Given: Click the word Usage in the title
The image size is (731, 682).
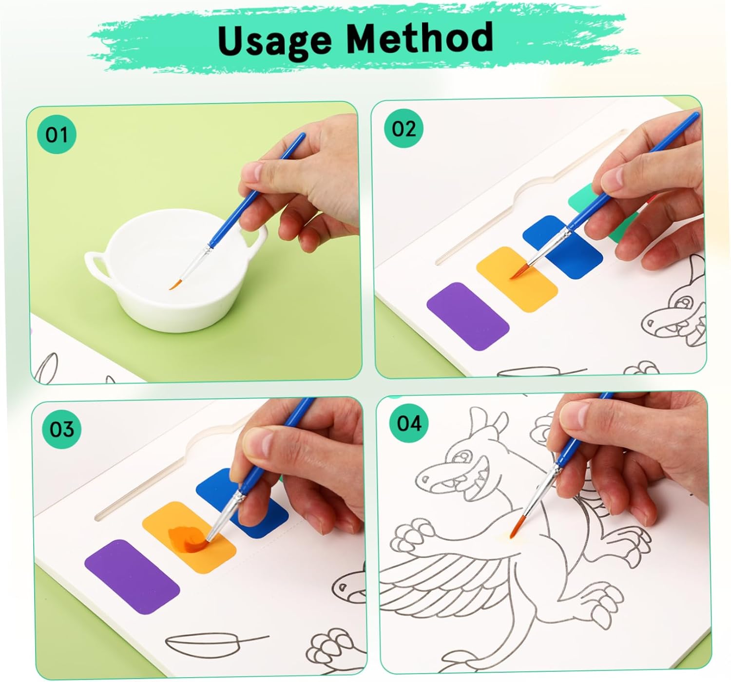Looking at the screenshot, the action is pyautogui.click(x=274, y=40).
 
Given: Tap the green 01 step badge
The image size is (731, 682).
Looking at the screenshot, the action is pyautogui.click(x=57, y=135).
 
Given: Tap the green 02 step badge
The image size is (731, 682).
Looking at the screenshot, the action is pyautogui.click(x=404, y=129).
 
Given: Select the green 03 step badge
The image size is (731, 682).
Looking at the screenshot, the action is pyautogui.click(x=61, y=429).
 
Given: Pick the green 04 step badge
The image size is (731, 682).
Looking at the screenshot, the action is pyautogui.click(x=409, y=423).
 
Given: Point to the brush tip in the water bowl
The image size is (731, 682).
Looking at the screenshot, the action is pyautogui.click(x=174, y=284).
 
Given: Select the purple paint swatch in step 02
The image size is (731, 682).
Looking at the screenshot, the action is pyautogui.click(x=468, y=316).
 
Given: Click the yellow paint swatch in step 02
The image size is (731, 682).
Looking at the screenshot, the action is pyautogui.click(x=517, y=279).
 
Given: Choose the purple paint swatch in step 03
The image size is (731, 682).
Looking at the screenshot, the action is pyautogui.click(x=132, y=577).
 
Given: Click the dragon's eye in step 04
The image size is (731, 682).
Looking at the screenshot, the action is pyautogui.click(x=462, y=457).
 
